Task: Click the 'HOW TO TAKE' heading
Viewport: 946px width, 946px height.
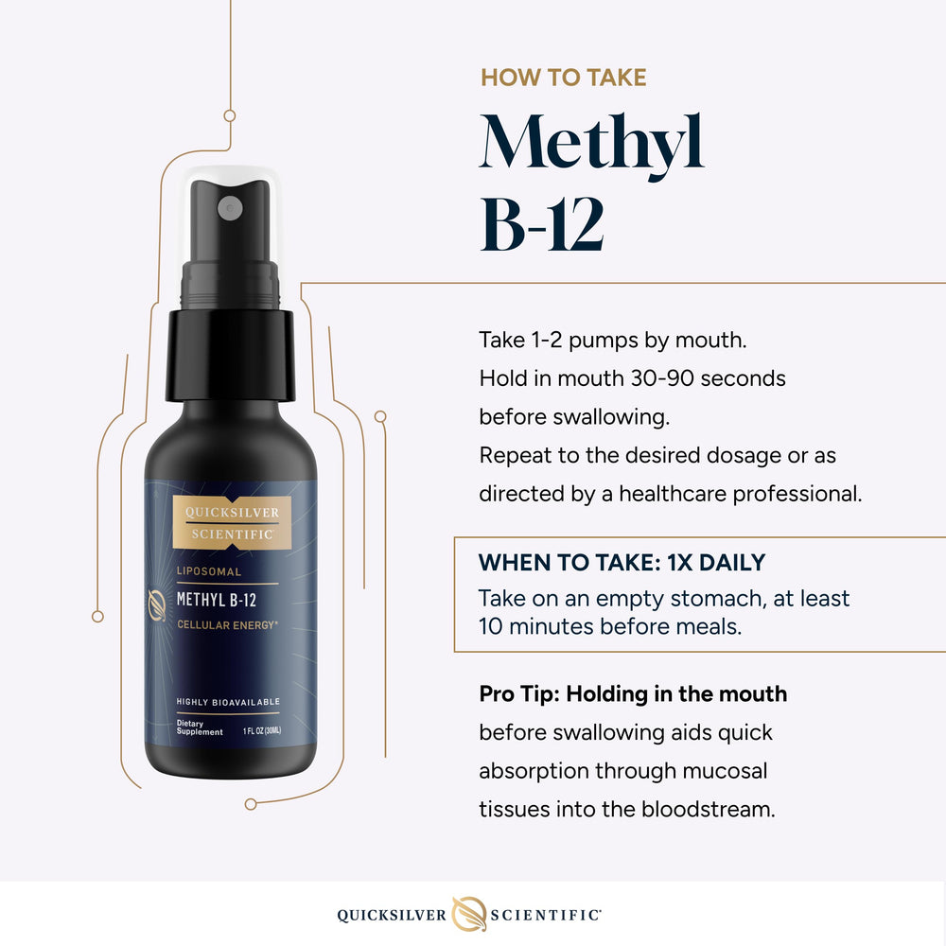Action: (x=563, y=78)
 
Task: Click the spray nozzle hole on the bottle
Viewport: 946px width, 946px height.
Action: (x=229, y=206)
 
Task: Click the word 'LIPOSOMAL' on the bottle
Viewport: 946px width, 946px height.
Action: (x=210, y=571)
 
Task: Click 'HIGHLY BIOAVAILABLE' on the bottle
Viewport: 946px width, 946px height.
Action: (x=228, y=701)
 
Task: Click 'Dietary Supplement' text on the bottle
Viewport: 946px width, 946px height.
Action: (x=199, y=727)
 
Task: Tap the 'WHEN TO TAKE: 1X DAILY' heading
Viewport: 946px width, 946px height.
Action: (x=622, y=563)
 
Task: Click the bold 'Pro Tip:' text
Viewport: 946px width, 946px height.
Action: (x=519, y=693)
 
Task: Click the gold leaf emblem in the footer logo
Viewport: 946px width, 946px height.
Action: (x=470, y=913)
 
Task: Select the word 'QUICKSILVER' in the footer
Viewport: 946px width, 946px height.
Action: (x=391, y=915)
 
